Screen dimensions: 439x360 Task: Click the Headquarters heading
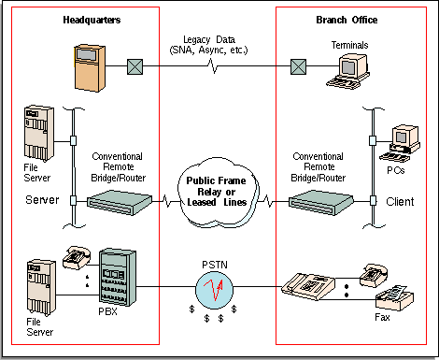tap(92, 20)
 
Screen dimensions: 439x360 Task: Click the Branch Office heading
tap(347, 20)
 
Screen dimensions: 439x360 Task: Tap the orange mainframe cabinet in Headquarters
tap(90, 68)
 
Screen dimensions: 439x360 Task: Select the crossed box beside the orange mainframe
tap(135, 66)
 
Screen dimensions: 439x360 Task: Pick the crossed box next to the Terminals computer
tap(298, 66)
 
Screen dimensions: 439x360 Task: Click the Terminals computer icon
tap(348, 72)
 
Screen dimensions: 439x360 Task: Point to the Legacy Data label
tap(208, 45)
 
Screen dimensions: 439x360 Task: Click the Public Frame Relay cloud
tap(217, 193)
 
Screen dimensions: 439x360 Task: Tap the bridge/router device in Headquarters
tap(120, 203)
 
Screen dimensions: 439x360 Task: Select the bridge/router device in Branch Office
tap(321, 203)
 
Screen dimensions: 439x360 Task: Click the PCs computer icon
tap(400, 143)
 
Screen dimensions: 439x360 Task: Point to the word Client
tap(400, 202)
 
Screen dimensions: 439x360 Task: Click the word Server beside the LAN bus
tap(42, 200)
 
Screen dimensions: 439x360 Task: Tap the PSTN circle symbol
tap(215, 290)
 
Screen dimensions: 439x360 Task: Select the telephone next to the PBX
tap(77, 257)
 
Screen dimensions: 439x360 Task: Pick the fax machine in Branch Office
tap(394, 297)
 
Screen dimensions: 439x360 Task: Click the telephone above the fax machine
tap(374, 275)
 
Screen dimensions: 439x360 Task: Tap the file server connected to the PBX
tap(41, 288)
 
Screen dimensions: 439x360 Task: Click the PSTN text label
tap(215, 265)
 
